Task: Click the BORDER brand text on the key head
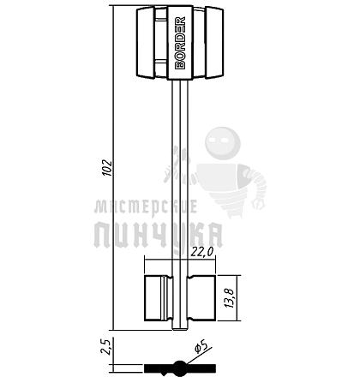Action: click(180, 43)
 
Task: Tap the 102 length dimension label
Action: click(108, 168)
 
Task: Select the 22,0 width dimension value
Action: click(202, 252)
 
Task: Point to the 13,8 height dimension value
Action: click(230, 298)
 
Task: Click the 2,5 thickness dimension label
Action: click(105, 346)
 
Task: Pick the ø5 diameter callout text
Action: click(201, 345)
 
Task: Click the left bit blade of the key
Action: click(159, 298)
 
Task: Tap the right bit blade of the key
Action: click(201, 298)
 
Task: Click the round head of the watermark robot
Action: click(223, 143)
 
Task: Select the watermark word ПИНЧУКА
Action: click(159, 236)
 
